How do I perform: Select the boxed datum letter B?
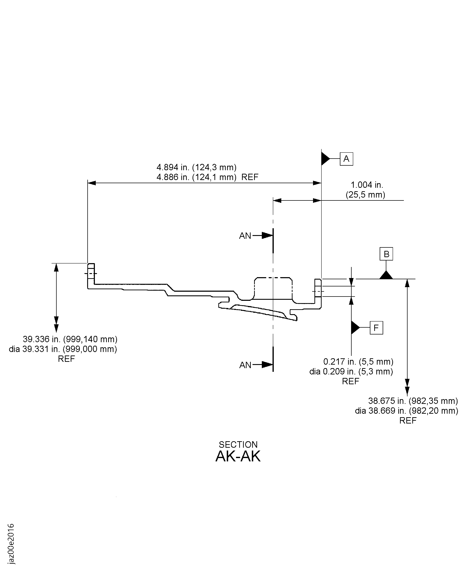[386, 254]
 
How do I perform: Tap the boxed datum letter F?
[376, 328]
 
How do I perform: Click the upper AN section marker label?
[245, 236]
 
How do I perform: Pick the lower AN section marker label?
[245, 365]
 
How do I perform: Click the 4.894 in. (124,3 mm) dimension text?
[197, 167]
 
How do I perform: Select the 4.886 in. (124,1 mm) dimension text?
[197, 177]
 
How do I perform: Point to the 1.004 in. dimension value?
[367, 185]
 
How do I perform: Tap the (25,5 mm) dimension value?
[365, 194]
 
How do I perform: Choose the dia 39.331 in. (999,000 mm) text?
[63, 349]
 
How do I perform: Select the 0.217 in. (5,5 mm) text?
[358, 361]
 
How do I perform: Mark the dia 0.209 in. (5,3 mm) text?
[351, 371]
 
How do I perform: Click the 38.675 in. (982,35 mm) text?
[413, 401]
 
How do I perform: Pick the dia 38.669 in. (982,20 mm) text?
[406, 411]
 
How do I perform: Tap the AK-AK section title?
[238, 456]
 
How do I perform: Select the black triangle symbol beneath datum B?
[386, 275]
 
